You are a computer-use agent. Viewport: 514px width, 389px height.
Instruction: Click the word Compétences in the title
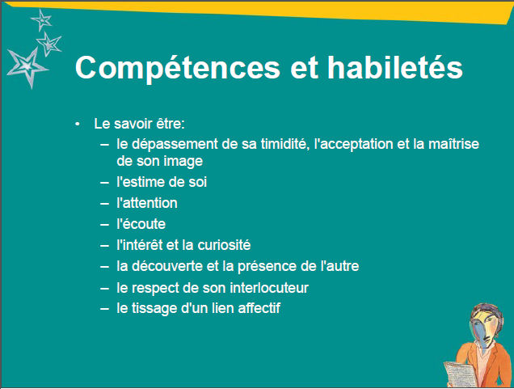pos(177,68)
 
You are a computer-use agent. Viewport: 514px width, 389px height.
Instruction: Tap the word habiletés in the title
pos(395,67)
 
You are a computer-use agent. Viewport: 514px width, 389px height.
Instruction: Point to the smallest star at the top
pos(42,20)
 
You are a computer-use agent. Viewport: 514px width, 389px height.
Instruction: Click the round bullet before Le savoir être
pos(78,125)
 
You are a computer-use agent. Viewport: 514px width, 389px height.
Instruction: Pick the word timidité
pos(285,144)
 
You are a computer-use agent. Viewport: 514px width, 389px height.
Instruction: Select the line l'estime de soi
pos(162,182)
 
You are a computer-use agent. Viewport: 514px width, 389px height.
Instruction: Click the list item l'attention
pos(147,203)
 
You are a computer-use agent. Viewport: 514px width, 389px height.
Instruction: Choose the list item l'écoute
pos(141,224)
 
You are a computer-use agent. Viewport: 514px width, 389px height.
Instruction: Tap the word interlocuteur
pos(269,288)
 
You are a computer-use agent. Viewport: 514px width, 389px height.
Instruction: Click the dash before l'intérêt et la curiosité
pos(104,246)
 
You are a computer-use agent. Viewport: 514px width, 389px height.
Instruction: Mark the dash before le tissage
pos(104,309)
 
